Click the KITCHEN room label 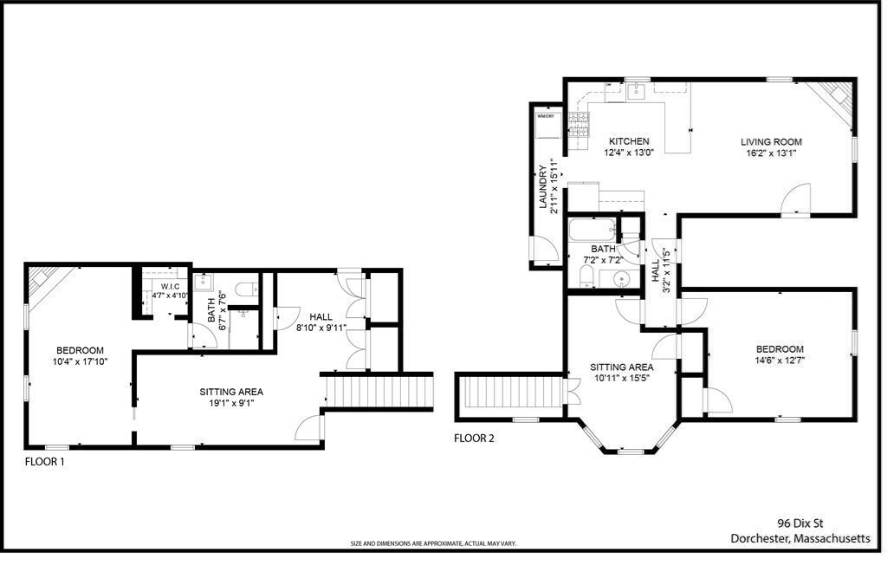click(628, 141)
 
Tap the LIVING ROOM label click(770, 141)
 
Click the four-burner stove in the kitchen click(578, 127)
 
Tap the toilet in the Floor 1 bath click(245, 286)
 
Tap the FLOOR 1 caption click(44, 463)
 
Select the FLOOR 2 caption click(474, 439)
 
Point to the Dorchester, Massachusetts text click(800, 538)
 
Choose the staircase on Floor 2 click(511, 392)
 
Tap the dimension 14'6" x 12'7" click(779, 361)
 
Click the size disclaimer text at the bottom click(432, 543)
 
